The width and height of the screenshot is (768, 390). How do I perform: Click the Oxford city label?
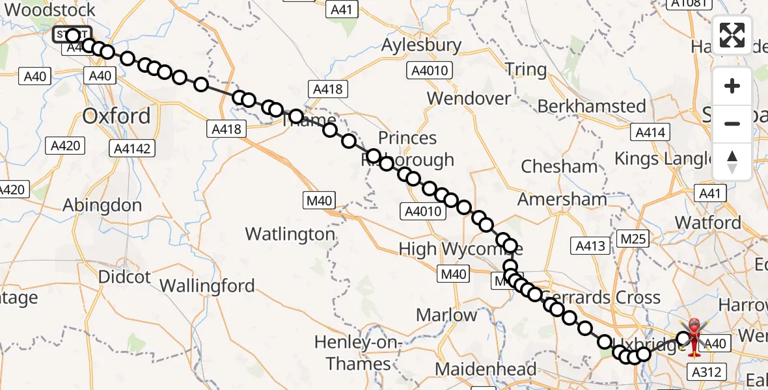point(117,116)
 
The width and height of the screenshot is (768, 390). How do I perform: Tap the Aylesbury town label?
point(422,45)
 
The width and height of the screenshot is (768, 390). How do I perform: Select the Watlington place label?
point(290,234)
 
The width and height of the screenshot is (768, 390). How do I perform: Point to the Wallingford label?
point(207,286)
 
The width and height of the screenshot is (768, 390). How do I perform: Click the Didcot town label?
point(124,277)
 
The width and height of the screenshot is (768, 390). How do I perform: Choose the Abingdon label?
point(102,205)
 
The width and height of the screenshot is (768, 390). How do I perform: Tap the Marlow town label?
point(446,315)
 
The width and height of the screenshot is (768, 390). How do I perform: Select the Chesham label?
point(560,166)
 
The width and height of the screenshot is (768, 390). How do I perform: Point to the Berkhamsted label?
point(592,107)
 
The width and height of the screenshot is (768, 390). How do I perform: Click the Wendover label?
point(469,99)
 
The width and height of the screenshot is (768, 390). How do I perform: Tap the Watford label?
point(708,223)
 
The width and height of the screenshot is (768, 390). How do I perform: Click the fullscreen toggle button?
point(732,35)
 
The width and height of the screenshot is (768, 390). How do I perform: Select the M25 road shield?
point(634,239)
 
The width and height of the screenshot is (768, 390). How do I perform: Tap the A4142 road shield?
point(133,149)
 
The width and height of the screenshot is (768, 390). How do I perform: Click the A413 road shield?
point(591,246)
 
